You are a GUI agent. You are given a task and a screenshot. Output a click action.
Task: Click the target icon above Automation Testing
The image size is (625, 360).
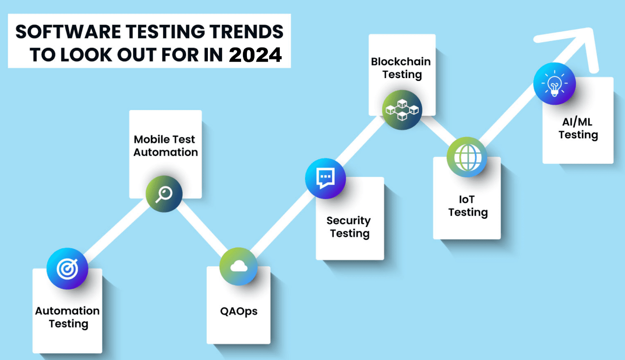67,269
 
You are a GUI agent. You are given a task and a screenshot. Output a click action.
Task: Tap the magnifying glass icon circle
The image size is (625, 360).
164,194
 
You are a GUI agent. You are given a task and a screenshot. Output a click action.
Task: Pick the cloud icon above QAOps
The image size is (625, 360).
239,266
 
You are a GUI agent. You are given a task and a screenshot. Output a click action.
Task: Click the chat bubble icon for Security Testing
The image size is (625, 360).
325,178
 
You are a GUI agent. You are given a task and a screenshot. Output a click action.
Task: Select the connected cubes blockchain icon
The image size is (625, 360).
402,110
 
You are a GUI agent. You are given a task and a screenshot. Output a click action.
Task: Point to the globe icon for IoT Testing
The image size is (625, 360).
467,157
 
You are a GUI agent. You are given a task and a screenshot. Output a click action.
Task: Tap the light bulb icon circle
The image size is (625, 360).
554,84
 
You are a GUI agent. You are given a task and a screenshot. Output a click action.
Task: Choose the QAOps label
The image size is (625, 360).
239,311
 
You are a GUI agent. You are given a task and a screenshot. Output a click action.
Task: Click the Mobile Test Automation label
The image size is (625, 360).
166,146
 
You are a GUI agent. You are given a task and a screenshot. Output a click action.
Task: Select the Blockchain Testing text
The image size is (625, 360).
401,68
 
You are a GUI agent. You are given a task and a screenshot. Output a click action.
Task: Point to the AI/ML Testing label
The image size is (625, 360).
578,128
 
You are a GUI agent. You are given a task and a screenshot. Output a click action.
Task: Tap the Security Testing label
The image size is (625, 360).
349,227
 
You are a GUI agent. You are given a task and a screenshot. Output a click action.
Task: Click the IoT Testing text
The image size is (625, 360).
468,206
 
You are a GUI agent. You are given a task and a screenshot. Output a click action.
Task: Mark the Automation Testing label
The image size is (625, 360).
68,317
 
